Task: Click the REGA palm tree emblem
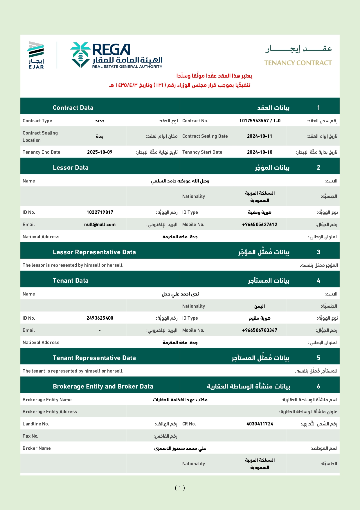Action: click(x=80, y=55)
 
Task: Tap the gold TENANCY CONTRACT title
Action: click(x=298, y=63)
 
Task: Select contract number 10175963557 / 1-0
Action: click(x=260, y=121)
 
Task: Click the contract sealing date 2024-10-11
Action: click(x=260, y=136)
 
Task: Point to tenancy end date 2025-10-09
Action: click(x=100, y=152)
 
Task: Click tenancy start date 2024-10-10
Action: click(x=260, y=152)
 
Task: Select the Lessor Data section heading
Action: click(x=71, y=168)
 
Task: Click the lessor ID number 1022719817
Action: click(x=100, y=212)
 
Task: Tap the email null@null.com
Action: click(x=100, y=225)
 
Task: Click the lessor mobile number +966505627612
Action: click(x=260, y=225)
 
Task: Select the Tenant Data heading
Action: click(x=71, y=281)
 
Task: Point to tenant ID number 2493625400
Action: click(x=100, y=318)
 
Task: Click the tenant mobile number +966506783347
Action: click(x=260, y=330)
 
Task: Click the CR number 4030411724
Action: click(x=260, y=424)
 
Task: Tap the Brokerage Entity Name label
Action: click(x=47, y=400)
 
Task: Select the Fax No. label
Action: click(x=30, y=436)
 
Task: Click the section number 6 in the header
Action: click(x=318, y=386)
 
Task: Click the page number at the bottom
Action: click(x=180, y=488)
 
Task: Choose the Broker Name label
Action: click(x=37, y=448)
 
